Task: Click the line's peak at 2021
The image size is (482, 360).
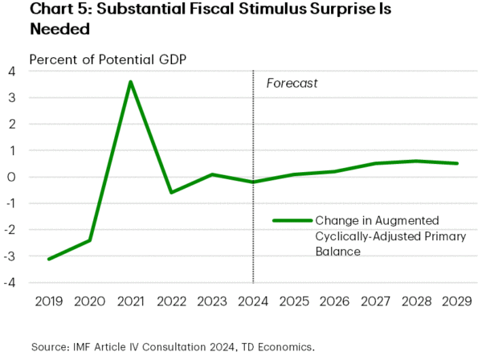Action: coord(130,82)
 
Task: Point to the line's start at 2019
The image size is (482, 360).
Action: coord(48,259)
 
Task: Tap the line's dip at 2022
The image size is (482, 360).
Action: coord(171,193)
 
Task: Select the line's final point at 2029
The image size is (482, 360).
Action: coord(457,164)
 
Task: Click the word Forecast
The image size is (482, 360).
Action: coord(292,83)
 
